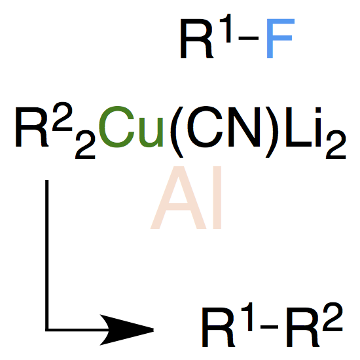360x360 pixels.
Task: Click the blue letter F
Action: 280,39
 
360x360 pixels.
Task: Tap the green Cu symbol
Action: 131,127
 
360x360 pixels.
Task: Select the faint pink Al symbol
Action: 186,198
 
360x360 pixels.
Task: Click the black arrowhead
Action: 126,330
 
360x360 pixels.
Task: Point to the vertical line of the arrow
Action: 47,255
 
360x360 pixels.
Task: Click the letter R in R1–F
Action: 197,39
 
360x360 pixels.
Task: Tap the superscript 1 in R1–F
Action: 226,28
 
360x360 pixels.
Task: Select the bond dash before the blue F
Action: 249,39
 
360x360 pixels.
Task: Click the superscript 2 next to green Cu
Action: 62,117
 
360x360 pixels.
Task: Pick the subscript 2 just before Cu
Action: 85,145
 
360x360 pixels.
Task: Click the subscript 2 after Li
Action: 336,145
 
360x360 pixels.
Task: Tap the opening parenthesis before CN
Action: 177,132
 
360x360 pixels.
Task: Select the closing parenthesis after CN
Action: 272,132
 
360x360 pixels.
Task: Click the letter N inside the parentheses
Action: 244,127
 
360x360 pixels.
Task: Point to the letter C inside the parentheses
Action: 205,127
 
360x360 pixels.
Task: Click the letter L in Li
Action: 298,127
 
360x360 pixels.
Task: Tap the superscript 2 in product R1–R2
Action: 333,317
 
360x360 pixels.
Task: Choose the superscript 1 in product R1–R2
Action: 248,317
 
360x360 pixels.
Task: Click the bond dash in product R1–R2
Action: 269,327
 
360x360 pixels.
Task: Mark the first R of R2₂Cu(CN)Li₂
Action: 32,127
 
